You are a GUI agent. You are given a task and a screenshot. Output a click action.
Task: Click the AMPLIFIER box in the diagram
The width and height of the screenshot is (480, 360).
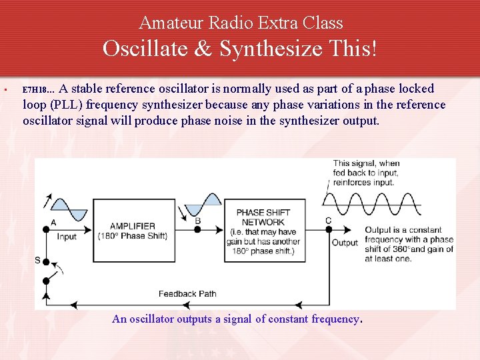point(132,231)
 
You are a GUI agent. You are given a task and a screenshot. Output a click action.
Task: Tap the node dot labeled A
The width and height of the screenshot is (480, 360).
point(47,229)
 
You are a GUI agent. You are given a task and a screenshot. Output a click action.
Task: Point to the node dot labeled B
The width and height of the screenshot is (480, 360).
point(197,229)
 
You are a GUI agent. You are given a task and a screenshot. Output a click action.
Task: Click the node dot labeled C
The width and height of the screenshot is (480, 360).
point(328,229)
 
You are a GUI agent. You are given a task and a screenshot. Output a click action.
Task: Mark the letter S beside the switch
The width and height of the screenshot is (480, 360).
point(37,260)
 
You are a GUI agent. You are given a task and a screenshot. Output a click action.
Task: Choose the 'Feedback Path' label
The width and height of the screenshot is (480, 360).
point(187,294)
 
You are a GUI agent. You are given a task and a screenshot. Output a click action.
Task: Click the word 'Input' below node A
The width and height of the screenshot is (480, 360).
point(67,237)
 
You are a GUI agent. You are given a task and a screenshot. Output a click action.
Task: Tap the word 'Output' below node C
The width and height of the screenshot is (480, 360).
point(345,243)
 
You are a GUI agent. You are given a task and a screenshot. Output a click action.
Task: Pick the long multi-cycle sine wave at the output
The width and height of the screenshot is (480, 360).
point(371,204)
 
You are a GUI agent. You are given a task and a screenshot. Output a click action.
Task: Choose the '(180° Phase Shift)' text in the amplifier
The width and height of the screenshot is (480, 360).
point(132,236)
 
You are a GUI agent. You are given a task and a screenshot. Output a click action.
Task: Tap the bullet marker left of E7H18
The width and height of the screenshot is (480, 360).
point(4,89)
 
